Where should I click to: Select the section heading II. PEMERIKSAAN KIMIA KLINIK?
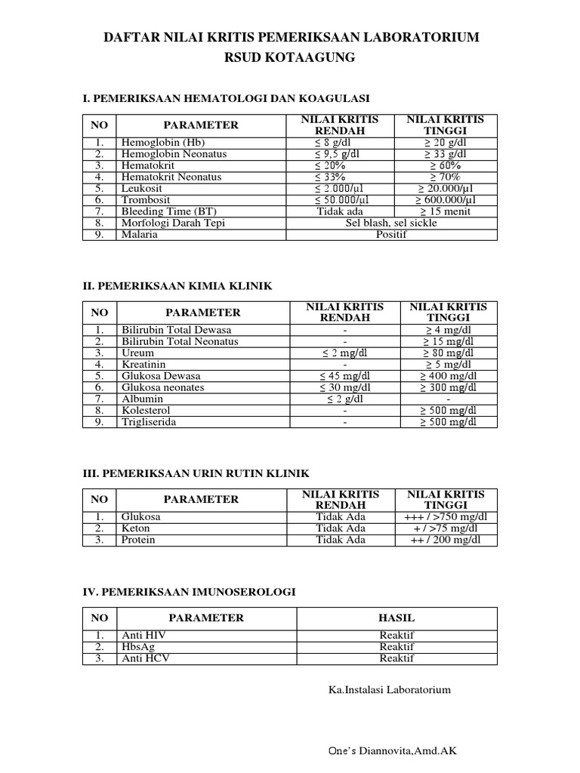coord(177,285)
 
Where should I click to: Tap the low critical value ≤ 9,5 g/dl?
coord(339,153)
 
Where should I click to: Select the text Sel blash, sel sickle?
coord(392,223)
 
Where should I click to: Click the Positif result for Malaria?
coord(392,235)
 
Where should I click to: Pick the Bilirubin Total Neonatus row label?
coord(180,341)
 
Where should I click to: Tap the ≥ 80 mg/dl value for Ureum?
coord(449,353)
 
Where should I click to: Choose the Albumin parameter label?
coord(141,399)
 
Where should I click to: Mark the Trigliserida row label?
coord(149,422)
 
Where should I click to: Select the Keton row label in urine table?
coord(136,528)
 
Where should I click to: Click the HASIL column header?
coord(396,617)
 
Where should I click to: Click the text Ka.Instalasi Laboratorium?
coord(390,689)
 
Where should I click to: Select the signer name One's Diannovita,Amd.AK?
coord(390,750)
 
